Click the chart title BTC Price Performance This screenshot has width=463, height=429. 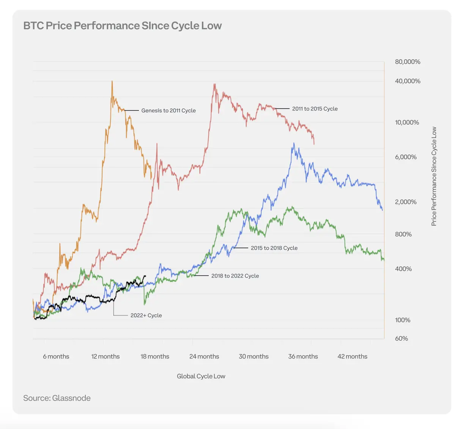pyautogui.click(x=122, y=26)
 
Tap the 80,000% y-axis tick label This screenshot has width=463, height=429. pyautogui.click(x=408, y=62)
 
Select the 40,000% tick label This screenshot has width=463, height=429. pyautogui.click(x=408, y=81)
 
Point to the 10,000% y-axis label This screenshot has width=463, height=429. pyautogui.click(x=407, y=123)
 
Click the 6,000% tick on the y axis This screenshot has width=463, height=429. pyautogui.click(x=406, y=157)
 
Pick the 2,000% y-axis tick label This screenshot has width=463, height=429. pyautogui.click(x=406, y=202)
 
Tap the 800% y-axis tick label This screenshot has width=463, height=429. pyautogui.click(x=403, y=235)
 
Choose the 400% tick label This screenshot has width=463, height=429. pyautogui.click(x=403, y=269)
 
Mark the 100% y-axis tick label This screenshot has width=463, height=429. pyautogui.click(x=403, y=320)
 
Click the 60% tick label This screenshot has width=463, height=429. pyautogui.click(x=402, y=339)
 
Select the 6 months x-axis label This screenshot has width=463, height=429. pyautogui.click(x=56, y=356)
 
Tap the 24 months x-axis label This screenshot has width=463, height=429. pyautogui.click(x=204, y=356)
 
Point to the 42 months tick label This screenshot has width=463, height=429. pyautogui.click(x=352, y=356)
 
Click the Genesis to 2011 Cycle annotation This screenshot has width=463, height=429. pyautogui.click(x=169, y=110)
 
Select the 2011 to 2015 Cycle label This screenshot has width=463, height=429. pyautogui.click(x=315, y=109)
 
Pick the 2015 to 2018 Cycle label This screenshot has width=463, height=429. pyautogui.click(x=274, y=248)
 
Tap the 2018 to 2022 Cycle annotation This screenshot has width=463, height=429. pyautogui.click(x=235, y=276)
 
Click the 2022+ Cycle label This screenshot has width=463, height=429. pyautogui.click(x=146, y=315)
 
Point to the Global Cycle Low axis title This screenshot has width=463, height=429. pyautogui.click(x=201, y=376)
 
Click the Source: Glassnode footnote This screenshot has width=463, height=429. pyautogui.click(x=57, y=398)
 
